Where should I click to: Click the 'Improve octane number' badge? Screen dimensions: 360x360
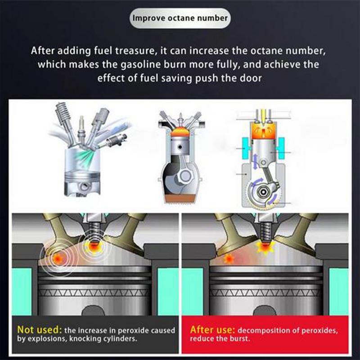(180, 18)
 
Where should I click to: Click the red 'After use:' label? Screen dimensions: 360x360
(211, 329)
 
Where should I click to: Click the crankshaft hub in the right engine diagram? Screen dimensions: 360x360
(262, 193)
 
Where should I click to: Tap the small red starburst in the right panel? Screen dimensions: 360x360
(229, 259)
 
